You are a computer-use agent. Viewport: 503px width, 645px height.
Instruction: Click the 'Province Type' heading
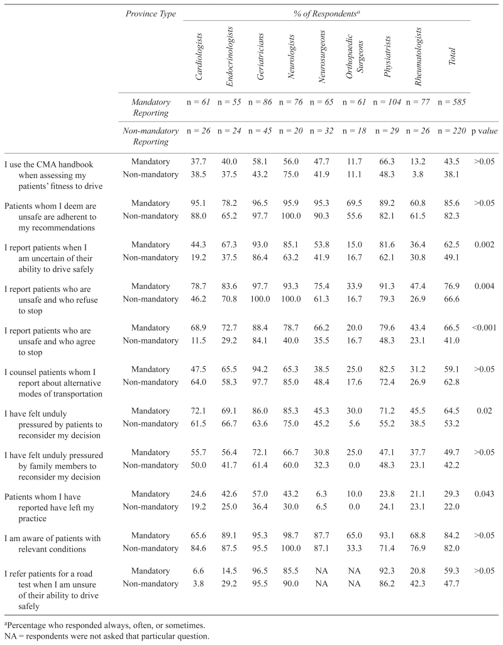(x=150, y=13)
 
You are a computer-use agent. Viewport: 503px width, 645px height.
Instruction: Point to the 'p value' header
(x=485, y=131)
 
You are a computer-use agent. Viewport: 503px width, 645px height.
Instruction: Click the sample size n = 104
(x=385, y=100)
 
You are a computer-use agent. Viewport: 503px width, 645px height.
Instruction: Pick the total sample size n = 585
(x=452, y=100)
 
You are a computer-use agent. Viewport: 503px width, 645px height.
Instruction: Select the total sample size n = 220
(x=452, y=131)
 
